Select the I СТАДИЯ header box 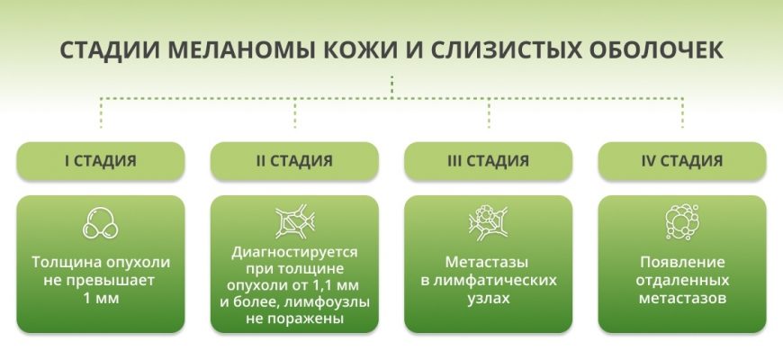tap(100, 162)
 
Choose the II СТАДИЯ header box tap(294, 162)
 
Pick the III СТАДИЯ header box tap(489, 162)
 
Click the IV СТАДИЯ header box tap(682, 162)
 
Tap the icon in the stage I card tap(100, 223)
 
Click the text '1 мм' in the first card tap(100, 298)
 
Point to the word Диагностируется tap(294, 253)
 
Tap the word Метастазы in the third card tap(489, 263)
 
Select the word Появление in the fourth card tap(682, 263)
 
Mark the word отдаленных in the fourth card tap(682, 280)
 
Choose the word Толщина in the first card tap(64, 263)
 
